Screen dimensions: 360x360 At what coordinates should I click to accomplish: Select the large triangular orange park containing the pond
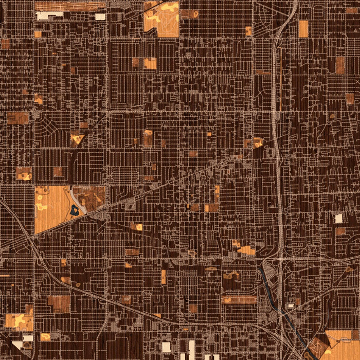(51, 208)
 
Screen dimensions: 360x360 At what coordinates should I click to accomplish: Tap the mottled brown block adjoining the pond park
(92, 195)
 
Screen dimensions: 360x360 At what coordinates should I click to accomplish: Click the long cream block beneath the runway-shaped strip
(49, 15)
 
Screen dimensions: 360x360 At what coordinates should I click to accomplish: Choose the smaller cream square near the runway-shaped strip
(100, 16)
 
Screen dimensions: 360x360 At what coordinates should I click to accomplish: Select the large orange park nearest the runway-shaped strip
(161, 20)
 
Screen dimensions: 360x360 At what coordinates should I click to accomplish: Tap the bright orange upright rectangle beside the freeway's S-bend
(303, 28)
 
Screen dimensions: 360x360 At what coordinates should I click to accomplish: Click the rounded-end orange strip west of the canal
(239, 299)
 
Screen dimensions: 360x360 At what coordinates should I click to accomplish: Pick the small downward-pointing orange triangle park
(77, 139)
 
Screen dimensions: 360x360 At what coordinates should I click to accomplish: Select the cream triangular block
(19, 347)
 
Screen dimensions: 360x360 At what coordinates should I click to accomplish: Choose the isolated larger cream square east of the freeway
(338, 218)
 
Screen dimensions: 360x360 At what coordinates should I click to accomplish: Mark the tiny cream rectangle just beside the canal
(291, 305)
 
